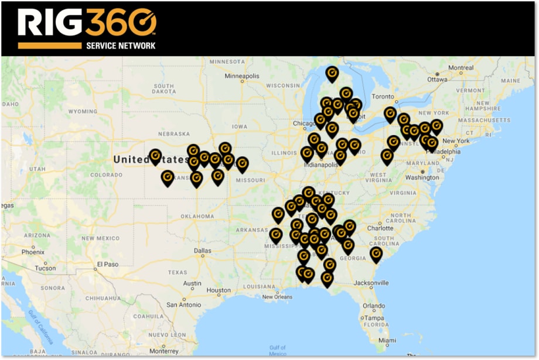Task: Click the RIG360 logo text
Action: pos(87,23)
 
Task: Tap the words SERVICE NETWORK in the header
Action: pos(121,45)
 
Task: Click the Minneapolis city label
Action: pos(241,76)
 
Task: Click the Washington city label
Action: pos(422,177)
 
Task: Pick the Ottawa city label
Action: pos(437,79)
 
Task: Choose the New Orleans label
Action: pos(277,297)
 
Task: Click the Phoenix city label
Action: pos(33,252)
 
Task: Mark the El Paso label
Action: pos(108,264)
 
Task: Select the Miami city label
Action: pos(387,341)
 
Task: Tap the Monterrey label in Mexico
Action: pos(163,351)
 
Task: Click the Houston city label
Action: pos(219,290)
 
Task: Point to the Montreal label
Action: pos(460,68)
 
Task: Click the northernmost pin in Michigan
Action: pos(332,73)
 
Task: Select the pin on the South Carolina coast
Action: pos(376,253)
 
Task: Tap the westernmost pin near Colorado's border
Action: pos(155,156)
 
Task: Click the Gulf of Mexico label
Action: pos(278,351)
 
